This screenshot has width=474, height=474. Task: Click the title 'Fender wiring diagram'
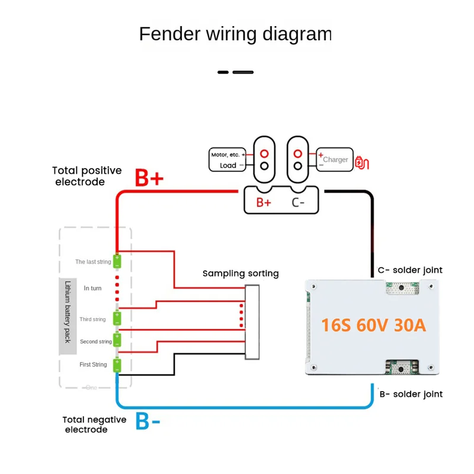[235, 34]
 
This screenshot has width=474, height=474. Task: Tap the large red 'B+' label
[149, 178]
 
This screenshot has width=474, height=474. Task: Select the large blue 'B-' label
[148, 421]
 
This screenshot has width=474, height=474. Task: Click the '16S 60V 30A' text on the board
[373, 325]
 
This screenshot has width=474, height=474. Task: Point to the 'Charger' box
[334, 160]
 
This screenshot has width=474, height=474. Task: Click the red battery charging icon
[361, 162]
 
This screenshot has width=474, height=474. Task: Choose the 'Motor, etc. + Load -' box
[228, 160]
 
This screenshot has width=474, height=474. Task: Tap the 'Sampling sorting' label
[241, 273]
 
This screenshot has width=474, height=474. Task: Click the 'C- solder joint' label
[410, 270]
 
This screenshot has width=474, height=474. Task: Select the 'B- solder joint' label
[411, 394]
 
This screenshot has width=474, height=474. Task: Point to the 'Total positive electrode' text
[87, 176]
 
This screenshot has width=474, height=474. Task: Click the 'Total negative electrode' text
[95, 424]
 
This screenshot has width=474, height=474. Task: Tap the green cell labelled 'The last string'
[117, 261]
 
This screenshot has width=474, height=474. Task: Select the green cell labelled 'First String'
[117, 364]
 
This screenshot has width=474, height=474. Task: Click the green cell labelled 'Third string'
[117, 319]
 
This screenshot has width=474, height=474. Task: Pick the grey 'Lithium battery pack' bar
[68, 316]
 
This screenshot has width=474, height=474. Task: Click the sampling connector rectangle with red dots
[252, 321]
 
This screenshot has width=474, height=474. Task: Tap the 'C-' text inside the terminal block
[299, 202]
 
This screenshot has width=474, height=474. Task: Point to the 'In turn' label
[94, 288]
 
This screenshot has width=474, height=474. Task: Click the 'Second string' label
[96, 342]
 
